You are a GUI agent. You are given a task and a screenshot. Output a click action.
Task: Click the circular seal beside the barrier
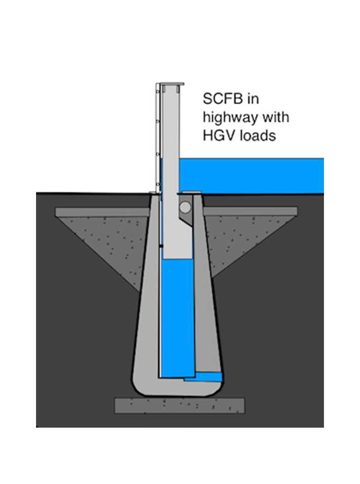click(x=185, y=207)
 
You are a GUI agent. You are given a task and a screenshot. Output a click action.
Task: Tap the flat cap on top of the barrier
click(x=172, y=84)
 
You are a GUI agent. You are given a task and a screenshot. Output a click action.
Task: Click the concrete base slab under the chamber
click(x=180, y=406)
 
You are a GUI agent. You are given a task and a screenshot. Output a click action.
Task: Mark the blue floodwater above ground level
click(x=251, y=176)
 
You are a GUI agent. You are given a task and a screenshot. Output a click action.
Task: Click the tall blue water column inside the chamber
click(x=178, y=318)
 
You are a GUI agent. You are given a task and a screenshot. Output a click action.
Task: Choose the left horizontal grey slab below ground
click(x=103, y=212)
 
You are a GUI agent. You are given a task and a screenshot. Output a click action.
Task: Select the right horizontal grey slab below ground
click(x=250, y=211)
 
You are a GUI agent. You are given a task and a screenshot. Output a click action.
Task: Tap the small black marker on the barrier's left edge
click(x=161, y=246)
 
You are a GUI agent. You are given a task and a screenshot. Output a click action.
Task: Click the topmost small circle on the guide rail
click(x=157, y=92)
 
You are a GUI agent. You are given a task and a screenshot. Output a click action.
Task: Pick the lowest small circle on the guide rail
click(x=157, y=184)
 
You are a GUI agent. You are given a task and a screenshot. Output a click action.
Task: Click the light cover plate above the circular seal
click(x=191, y=192)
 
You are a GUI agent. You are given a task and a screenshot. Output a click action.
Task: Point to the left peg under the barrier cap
click(x=164, y=88)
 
